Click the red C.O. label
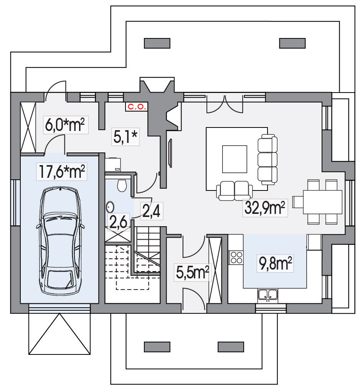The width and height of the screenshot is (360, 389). coord(136,107)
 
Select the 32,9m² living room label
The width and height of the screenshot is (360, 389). coord(265,208)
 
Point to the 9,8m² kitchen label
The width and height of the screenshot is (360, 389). coord(275,263)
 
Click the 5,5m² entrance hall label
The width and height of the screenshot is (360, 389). coord(192,272)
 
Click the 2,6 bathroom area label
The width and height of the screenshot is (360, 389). coord(118,222)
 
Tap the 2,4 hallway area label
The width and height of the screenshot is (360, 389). coord(152,211)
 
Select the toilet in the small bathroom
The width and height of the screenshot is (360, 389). coord(122,185)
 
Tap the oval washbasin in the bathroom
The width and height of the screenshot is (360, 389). coord(110,207)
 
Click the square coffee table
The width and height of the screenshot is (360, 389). coord(234,159)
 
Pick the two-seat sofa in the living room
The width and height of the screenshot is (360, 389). coord(234,190)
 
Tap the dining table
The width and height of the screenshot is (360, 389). coord(322,202)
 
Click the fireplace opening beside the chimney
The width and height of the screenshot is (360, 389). coord(172,117)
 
